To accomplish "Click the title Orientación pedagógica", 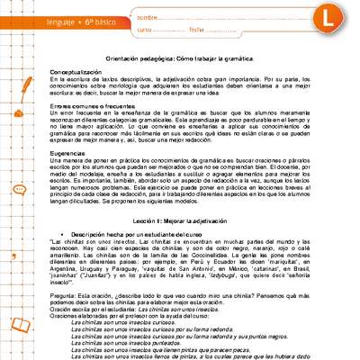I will (x=180, y=58).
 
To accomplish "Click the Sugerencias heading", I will (x=69, y=154).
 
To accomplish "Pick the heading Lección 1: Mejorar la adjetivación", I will (x=180, y=219).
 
